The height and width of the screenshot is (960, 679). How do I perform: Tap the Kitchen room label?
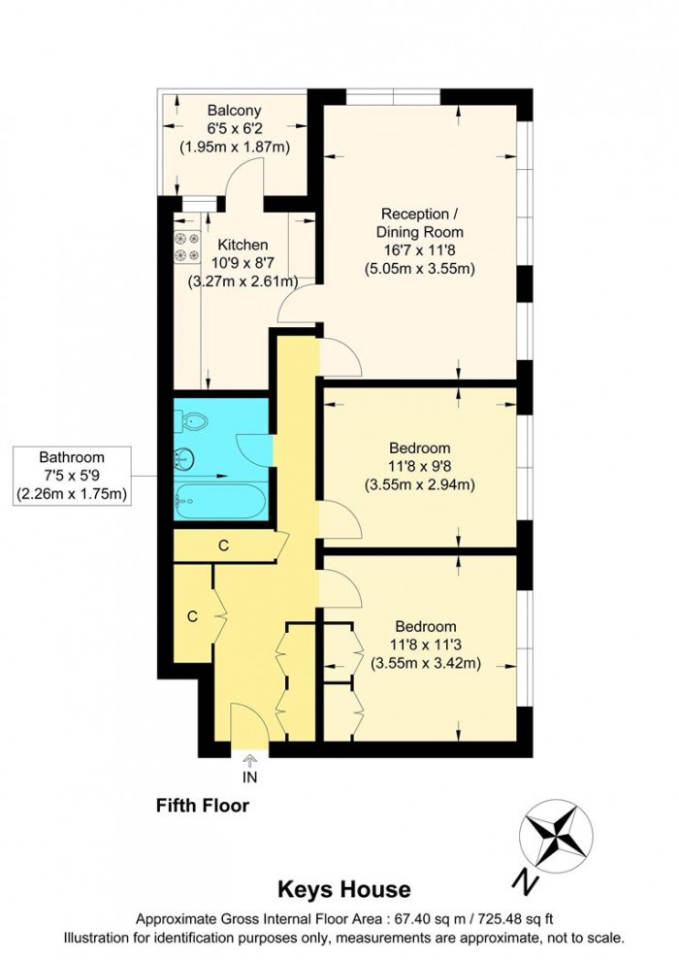coord(242,245)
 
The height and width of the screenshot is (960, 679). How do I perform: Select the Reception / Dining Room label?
coord(421,222)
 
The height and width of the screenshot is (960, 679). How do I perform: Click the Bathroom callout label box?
coord(72,475)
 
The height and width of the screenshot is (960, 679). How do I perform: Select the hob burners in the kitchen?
coord(185,248)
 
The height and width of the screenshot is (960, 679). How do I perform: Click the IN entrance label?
coord(250,777)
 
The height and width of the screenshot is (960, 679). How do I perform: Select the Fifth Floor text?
coord(203,806)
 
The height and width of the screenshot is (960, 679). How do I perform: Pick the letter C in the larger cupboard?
coord(192,616)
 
